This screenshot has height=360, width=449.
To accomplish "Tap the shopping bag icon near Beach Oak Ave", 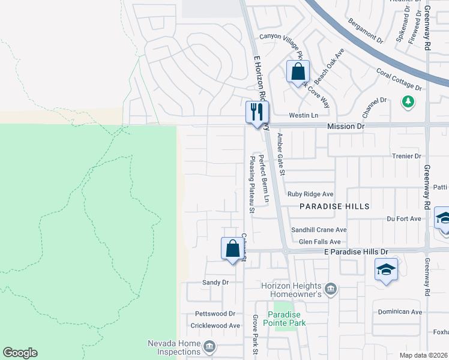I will (298, 73).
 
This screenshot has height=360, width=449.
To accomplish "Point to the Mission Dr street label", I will (346, 127).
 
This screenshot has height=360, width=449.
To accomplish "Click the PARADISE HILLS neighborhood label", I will (335, 206).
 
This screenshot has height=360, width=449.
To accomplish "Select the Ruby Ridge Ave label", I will (310, 194).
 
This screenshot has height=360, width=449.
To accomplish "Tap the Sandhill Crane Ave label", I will (319, 230).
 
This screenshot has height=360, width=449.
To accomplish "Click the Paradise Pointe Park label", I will (286, 319).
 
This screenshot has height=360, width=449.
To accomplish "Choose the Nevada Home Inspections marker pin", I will (209, 346).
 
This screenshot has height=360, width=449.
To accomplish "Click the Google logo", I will (20, 353).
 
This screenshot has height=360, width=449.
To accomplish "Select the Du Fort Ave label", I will (404, 219).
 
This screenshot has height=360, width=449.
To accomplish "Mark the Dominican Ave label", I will (400, 312).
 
